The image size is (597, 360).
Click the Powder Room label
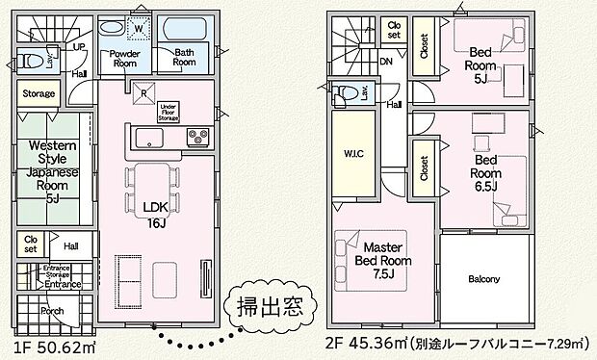(126, 58)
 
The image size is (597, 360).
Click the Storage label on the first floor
(39, 94)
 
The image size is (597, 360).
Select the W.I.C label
(351, 151)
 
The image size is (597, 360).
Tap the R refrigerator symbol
(143, 94)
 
